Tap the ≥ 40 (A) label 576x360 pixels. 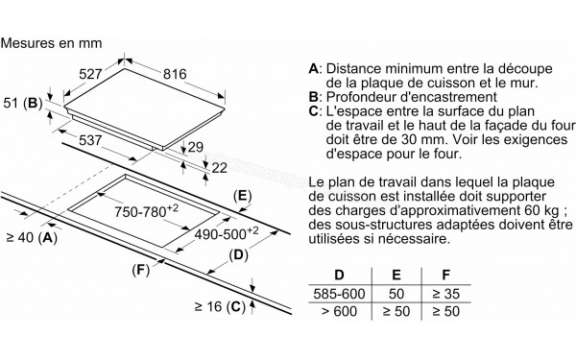(31, 237)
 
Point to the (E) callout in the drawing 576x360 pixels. (244, 195)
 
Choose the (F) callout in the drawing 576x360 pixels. (141, 272)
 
